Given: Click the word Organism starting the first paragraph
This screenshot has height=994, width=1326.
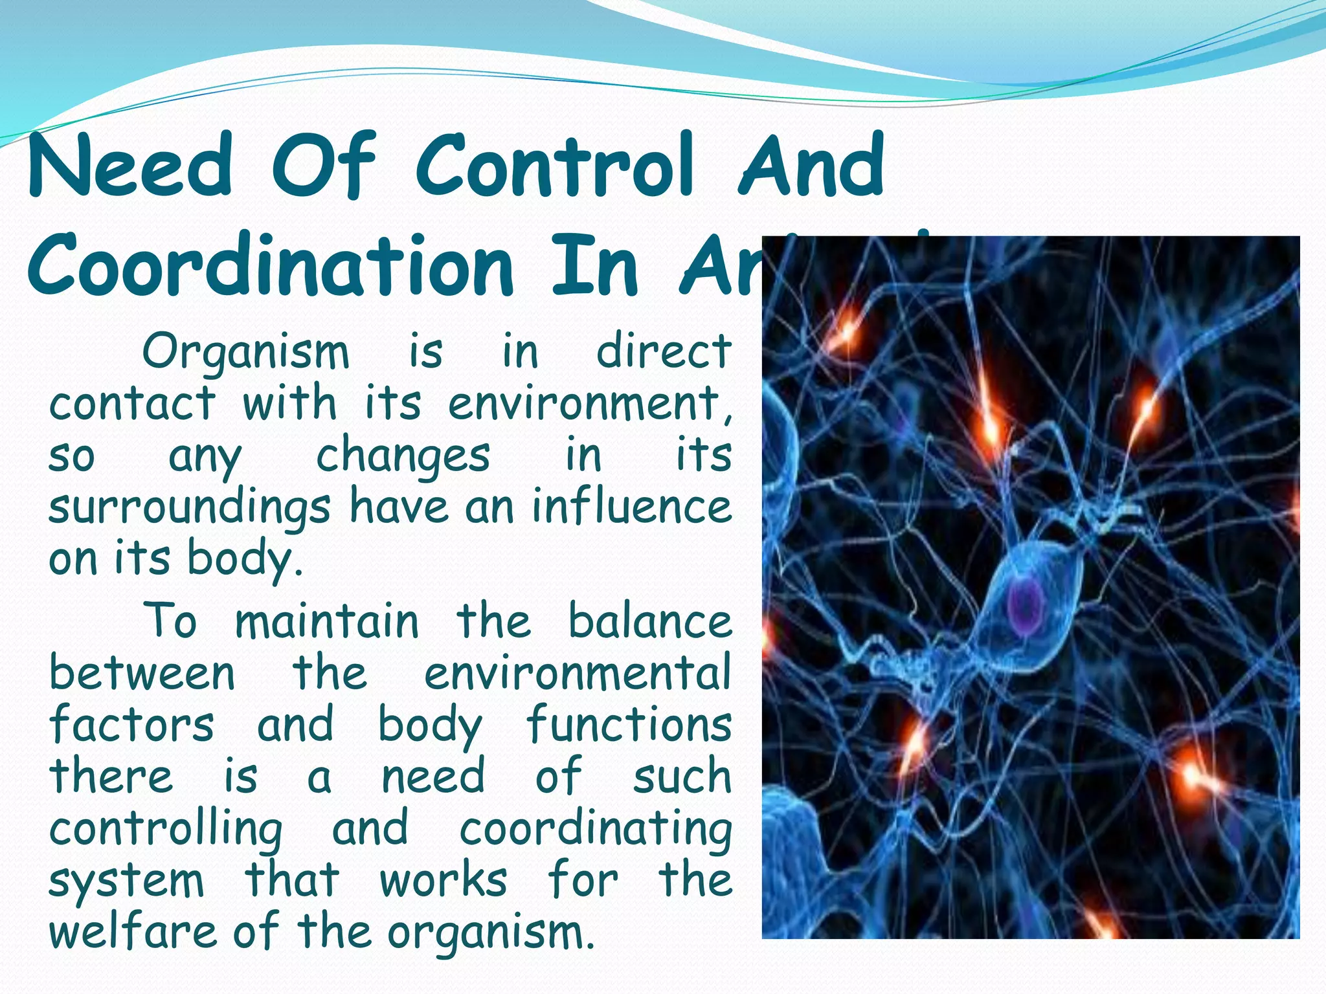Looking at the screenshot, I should point(245,353).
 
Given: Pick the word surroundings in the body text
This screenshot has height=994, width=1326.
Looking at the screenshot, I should point(189,509).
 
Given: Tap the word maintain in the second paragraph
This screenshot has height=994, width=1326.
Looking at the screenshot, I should point(326,621).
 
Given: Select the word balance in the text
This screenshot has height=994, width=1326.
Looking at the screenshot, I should point(649,621).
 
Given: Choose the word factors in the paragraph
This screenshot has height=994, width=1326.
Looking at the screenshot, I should point(131,725).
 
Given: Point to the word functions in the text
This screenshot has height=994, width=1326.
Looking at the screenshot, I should point(628,725).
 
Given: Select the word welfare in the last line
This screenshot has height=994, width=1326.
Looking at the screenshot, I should point(132,932).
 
